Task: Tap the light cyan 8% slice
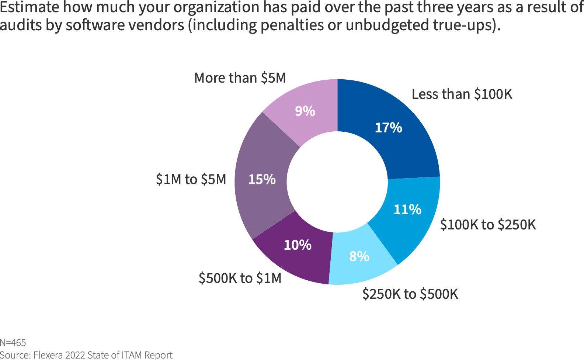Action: (361, 262)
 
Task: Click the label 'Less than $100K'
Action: (462, 94)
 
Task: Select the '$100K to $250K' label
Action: (488, 225)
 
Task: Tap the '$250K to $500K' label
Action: (410, 294)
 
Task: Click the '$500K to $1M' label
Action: (240, 278)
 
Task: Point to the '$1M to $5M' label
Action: (191, 179)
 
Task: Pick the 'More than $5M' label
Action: (240, 78)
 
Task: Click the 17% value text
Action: (388, 128)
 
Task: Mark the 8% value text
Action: (359, 256)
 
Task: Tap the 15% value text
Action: (262, 179)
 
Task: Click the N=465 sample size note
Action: (13, 343)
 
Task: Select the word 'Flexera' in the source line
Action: (48, 355)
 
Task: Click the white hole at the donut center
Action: (337, 182)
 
